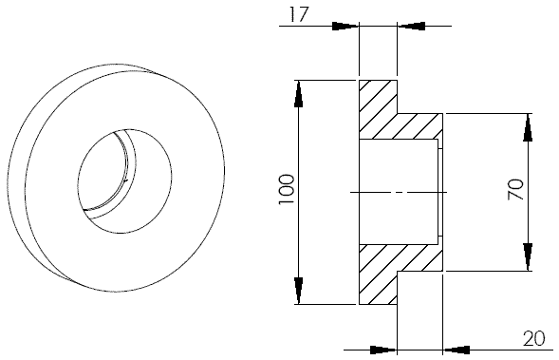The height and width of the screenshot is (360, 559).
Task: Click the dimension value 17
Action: tap(298, 15)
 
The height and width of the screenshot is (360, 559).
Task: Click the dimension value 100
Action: tap(287, 189)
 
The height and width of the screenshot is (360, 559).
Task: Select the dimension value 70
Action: tap(516, 190)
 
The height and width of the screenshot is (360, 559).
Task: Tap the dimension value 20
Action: tap(534, 338)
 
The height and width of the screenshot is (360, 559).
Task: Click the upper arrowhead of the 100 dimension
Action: tap(299, 94)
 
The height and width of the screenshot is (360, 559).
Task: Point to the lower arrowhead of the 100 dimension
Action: tap(299, 291)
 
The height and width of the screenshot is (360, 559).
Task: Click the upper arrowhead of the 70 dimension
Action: tap(528, 127)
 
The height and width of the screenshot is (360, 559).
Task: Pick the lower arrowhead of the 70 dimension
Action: tap(528, 257)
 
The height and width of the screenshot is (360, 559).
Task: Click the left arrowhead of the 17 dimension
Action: tap(345, 26)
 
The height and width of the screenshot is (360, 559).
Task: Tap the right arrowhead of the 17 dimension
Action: tap(411, 26)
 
